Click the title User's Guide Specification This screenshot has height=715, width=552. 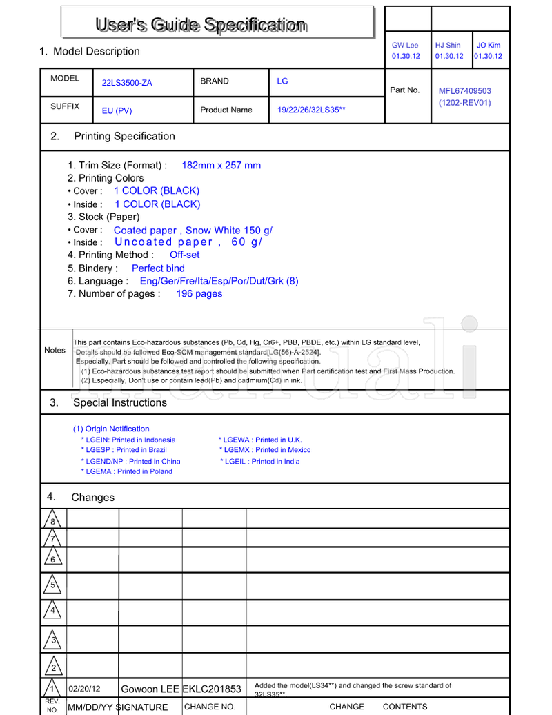point(201,26)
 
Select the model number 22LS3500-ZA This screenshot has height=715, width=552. point(127,83)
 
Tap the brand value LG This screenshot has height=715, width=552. point(282,81)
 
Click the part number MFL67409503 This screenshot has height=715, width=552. point(465,90)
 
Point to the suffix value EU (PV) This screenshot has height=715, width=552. point(117,110)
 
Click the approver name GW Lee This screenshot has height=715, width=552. point(405,45)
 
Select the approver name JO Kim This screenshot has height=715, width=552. point(489,45)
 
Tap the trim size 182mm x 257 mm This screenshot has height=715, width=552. point(221,165)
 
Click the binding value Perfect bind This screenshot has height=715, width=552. point(158,268)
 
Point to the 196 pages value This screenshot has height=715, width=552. point(199,293)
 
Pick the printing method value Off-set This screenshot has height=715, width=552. point(184,255)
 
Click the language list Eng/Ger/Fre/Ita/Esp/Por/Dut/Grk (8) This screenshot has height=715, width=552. point(219,281)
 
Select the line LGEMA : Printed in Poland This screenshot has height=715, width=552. point(127,471)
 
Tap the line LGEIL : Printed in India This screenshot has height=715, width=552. point(260,462)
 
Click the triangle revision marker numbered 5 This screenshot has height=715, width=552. point(52,585)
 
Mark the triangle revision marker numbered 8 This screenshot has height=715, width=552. point(52,520)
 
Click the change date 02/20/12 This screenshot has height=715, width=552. point(85,689)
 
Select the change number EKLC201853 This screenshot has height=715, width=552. point(212,689)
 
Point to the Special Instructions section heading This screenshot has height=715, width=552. point(120,402)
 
